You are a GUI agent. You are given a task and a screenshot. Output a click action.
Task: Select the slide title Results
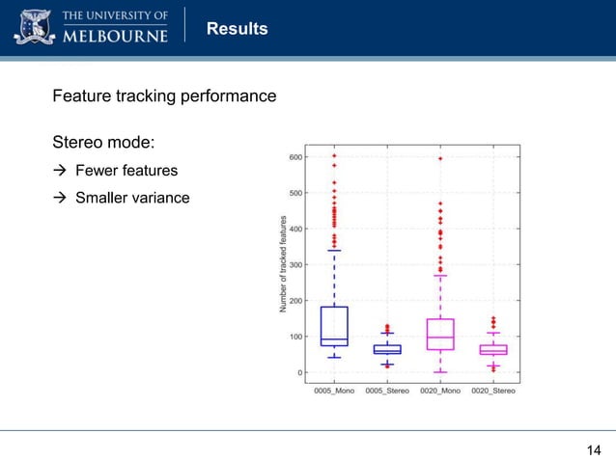[238, 29]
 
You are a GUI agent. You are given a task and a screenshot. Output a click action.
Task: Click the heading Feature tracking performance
[164, 96]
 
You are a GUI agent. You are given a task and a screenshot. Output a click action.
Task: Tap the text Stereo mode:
[103, 143]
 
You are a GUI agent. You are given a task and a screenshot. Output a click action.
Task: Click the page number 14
[594, 449]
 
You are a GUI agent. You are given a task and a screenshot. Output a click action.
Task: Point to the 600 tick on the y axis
[294, 157]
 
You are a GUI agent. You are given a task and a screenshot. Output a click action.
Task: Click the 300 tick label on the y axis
[294, 264]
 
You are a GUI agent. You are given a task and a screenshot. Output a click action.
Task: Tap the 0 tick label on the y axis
[299, 372]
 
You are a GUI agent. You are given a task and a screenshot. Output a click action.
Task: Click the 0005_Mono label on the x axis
[334, 391]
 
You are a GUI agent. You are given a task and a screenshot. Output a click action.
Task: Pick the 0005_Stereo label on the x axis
[386, 391]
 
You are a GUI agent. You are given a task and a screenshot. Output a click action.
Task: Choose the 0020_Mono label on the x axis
[440, 391]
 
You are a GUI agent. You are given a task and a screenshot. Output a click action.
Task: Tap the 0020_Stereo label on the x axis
[493, 391]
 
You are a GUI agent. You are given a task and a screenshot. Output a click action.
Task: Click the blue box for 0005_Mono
[334, 326]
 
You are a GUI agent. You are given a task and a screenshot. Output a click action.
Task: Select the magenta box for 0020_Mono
[440, 334]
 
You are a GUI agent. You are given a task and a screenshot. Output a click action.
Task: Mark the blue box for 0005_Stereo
[387, 349]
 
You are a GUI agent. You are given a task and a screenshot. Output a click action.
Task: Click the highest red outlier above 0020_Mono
[440, 158]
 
